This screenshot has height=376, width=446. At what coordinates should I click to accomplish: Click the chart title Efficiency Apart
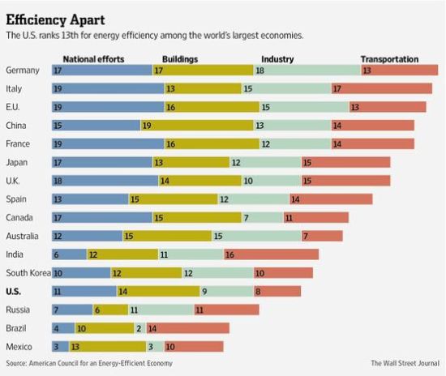coord(55,20)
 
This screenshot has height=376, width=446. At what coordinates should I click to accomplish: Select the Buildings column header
coord(180,59)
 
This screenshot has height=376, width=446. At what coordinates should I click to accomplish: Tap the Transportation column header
coord(390,59)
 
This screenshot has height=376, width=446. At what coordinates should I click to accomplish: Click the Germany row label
coord(23,70)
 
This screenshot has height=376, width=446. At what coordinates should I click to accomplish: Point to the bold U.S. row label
coord(13,291)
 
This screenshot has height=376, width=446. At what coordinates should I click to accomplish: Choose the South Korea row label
coord(28,273)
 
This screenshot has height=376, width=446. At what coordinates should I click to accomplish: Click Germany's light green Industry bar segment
coord(307,70)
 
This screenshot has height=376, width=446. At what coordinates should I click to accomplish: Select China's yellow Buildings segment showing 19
coord(197,126)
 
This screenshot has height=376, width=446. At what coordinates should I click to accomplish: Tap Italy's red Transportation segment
coord(382,88)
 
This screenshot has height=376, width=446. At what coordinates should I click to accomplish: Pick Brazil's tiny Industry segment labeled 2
coord(140,328)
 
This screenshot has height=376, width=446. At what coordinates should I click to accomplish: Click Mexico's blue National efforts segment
coord(60,347)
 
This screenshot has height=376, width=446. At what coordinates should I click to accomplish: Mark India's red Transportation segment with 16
coord(272,254)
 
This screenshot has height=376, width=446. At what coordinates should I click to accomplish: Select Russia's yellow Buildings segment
coord(110,310)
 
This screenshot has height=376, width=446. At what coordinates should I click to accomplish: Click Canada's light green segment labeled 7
coord(262,218)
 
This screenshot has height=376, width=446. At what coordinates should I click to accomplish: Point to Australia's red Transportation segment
coord(322,236)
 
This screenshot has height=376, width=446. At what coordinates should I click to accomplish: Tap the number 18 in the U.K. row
coord(58,181)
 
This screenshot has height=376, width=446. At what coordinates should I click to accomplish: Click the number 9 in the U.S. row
coord(204,292)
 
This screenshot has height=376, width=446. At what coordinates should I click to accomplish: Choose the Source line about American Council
coord(89,363)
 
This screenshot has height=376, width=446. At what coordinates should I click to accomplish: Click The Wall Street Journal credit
coord(405,363)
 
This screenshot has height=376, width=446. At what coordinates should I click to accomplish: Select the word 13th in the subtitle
coord(70,36)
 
